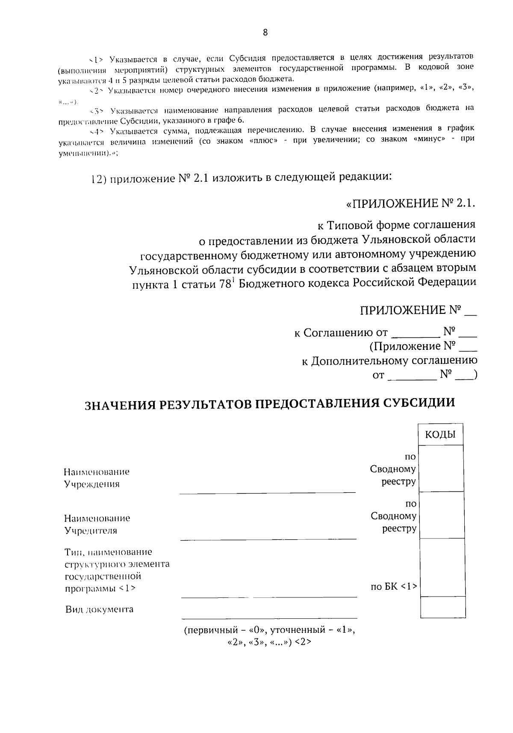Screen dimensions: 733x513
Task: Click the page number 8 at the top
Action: point(265,33)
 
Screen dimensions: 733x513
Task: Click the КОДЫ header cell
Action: point(440,434)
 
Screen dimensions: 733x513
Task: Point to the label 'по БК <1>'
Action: point(393,587)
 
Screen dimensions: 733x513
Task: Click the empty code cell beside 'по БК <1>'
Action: point(442,567)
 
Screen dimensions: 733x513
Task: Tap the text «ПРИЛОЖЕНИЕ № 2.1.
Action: point(410,204)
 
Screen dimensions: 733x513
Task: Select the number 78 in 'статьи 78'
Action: point(224,284)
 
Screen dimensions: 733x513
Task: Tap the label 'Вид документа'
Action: point(99,609)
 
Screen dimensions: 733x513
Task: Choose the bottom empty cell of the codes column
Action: point(442,607)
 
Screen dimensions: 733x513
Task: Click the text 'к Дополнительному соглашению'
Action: point(389,361)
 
